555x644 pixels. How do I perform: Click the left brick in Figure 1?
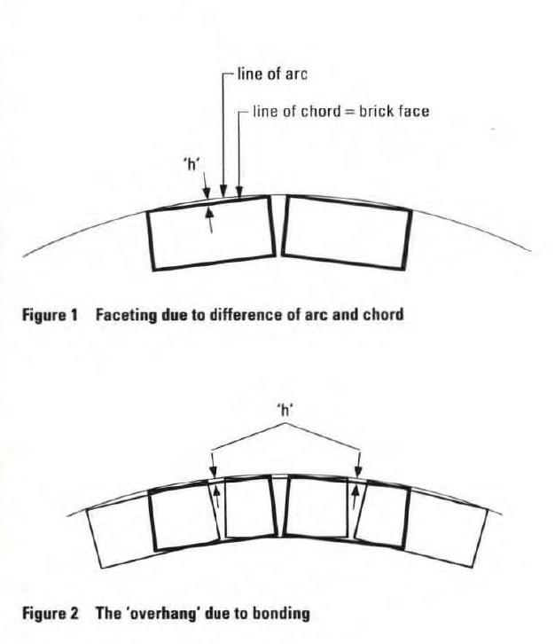(x=211, y=230)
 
